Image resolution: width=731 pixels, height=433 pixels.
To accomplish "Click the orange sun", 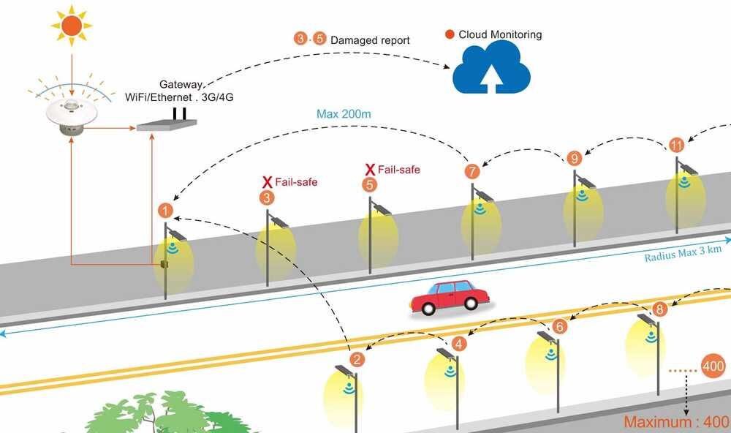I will (72, 26).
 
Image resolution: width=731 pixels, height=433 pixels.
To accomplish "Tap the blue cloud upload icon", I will (491, 69).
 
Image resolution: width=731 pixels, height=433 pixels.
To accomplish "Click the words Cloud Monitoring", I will (500, 34).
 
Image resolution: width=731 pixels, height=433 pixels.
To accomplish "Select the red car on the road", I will (449, 295).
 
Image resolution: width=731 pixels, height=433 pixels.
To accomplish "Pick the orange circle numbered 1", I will (166, 211).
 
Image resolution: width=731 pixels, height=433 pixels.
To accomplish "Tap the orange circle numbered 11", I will (677, 145).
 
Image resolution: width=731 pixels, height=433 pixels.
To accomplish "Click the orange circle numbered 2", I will (357, 359).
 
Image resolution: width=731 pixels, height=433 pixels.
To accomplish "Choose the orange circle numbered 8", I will (660, 309).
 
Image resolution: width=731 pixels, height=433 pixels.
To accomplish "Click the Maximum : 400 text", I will (675, 422).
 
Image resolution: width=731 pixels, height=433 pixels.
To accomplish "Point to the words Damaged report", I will (370, 39).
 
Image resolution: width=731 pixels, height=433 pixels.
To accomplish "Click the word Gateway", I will (180, 85).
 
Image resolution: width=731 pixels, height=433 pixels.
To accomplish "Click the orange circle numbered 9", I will (574, 157).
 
